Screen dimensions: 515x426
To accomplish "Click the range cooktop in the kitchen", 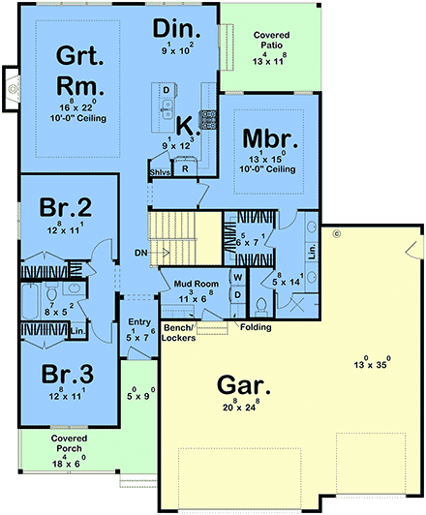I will click(x=207, y=119).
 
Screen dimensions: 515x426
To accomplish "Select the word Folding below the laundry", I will click(x=258, y=327).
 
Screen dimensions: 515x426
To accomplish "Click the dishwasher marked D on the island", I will click(x=167, y=91).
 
